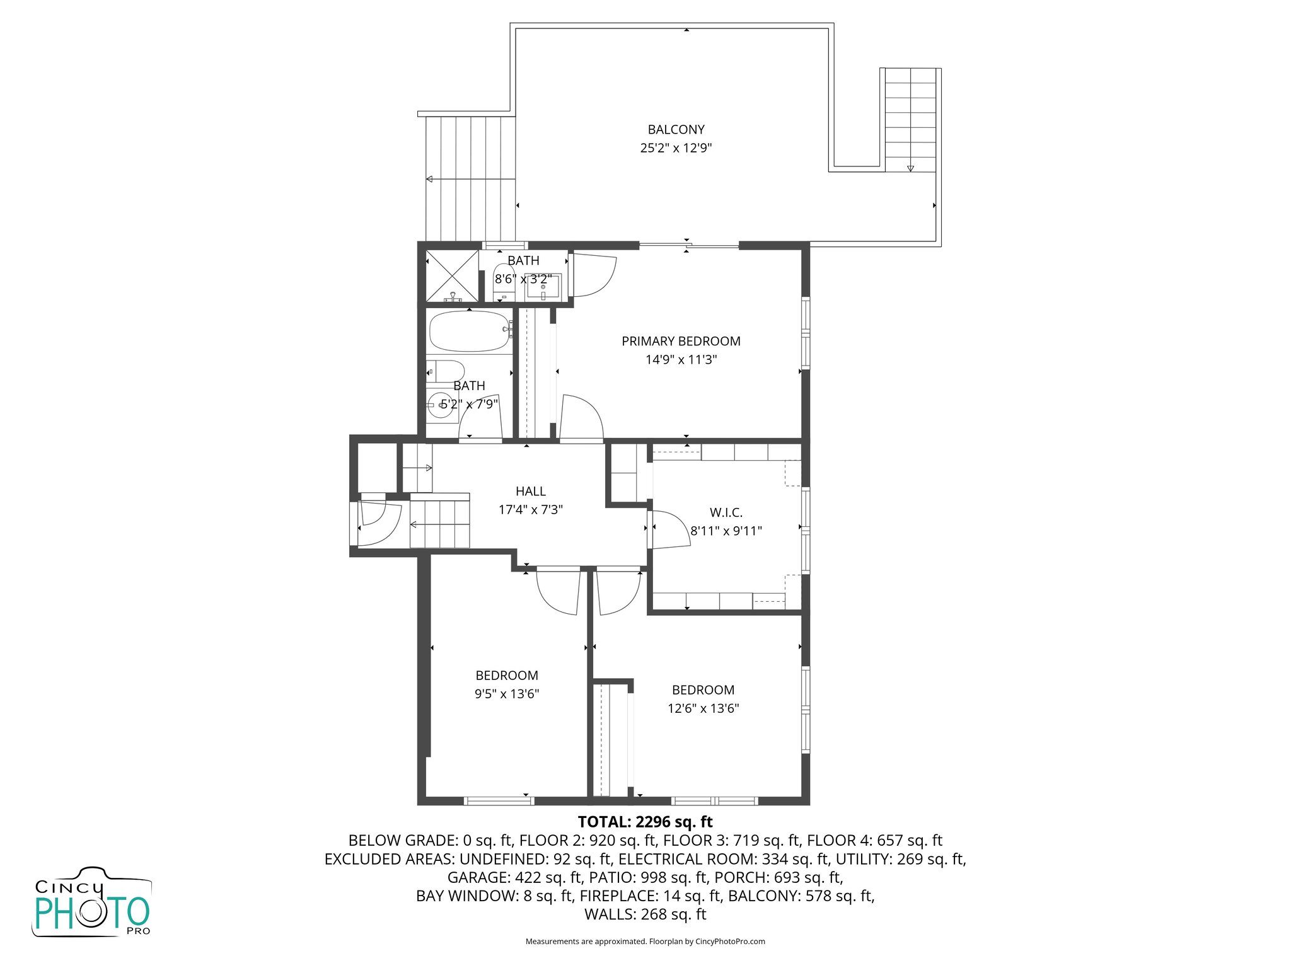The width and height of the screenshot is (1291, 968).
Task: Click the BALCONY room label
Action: [x=676, y=130]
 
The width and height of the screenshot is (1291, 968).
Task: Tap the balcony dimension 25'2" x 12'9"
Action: [x=676, y=148]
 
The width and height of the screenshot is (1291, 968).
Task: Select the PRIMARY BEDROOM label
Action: [x=681, y=341]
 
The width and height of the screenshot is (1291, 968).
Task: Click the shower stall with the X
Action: [x=452, y=275]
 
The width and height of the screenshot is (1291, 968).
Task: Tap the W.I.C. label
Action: [x=726, y=513]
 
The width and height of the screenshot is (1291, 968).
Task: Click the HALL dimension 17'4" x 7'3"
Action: [x=530, y=509]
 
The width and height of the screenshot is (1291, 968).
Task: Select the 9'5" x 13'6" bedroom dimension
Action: [x=506, y=694]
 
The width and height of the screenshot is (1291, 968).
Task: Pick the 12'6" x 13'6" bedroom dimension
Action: [x=703, y=708]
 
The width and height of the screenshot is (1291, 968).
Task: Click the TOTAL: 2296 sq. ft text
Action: [x=645, y=822]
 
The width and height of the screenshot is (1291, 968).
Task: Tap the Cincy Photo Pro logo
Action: [x=92, y=902]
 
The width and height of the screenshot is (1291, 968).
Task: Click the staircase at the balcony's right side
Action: [x=910, y=120]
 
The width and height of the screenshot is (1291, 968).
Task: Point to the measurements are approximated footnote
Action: [x=645, y=942]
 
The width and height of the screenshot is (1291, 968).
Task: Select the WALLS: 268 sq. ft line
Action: [x=645, y=914]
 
